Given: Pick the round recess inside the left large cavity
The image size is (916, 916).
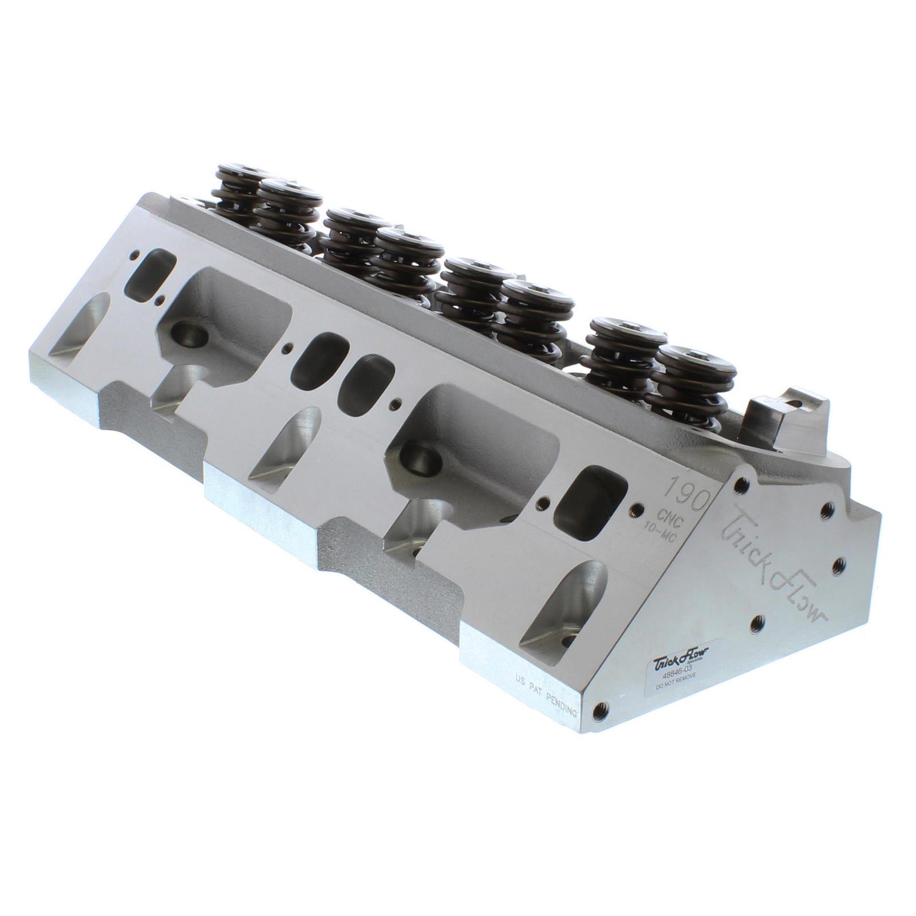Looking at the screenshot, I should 189,333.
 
